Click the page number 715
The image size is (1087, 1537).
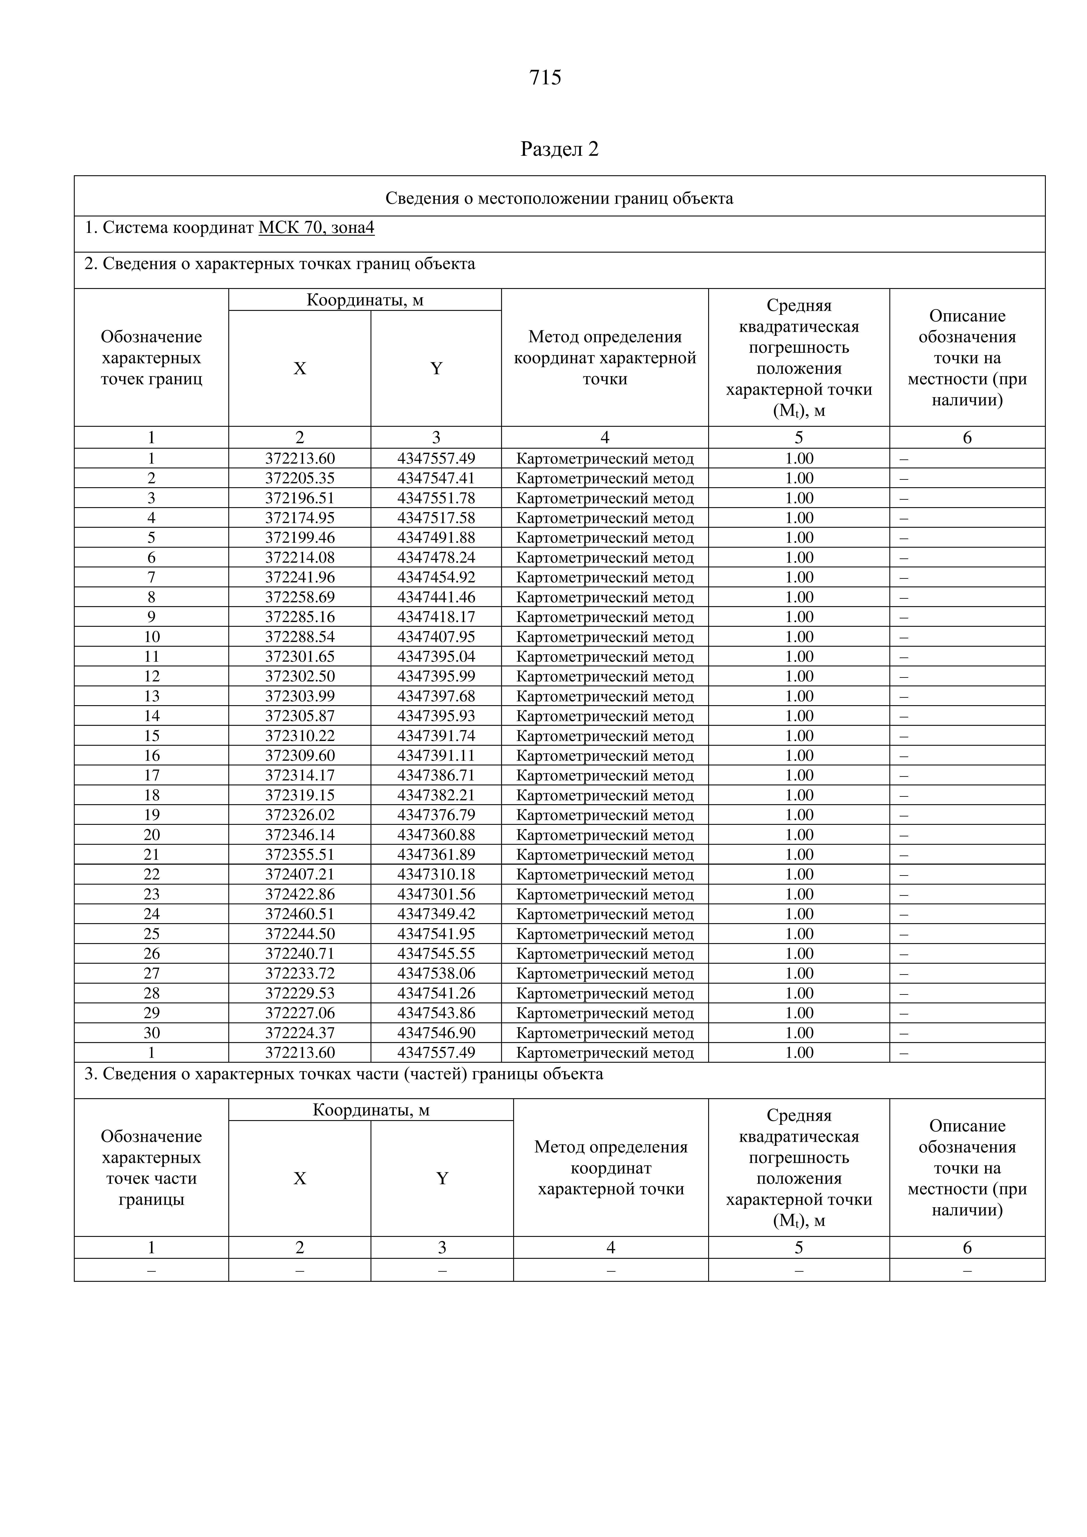(545, 78)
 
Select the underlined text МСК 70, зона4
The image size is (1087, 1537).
(316, 228)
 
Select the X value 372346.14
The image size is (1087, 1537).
(299, 835)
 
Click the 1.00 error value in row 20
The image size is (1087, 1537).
(799, 835)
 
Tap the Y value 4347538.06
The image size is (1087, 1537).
(436, 973)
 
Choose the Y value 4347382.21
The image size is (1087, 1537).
(436, 795)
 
